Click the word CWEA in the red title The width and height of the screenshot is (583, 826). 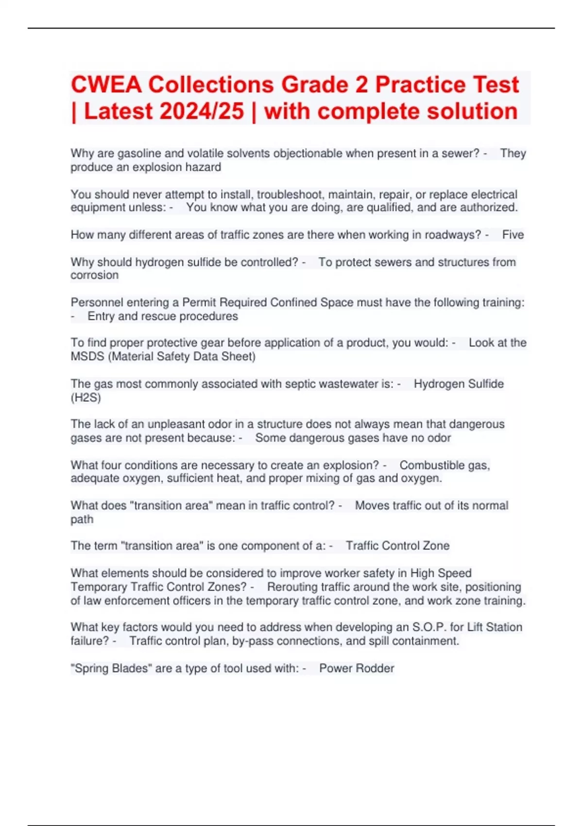pos(106,85)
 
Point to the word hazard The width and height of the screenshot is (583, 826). pos(207,167)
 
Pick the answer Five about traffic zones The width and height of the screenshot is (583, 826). pos(513,235)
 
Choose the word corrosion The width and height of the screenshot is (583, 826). pos(94,275)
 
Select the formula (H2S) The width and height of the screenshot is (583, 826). pos(86,397)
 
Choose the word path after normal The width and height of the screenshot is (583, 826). pos(82,519)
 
